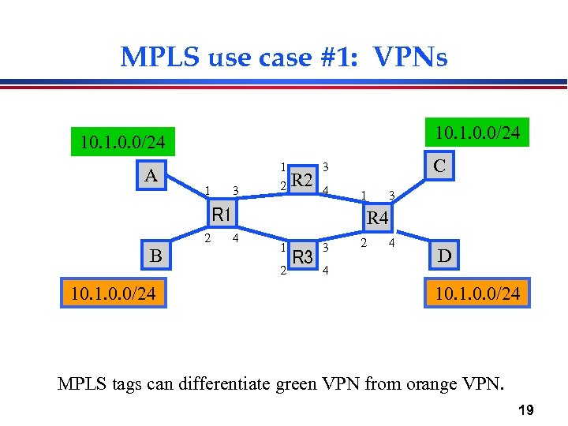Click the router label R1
[221, 214]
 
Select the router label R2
[302, 179]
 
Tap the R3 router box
[302, 257]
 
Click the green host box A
[151, 176]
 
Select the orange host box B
[156, 256]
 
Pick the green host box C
[439, 166]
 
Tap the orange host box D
[444, 256]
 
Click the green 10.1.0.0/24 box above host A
[118, 143]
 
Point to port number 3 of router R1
[234, 189]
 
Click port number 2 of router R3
[282, 271]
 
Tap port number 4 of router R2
[325, 189]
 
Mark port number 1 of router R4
[362, 193]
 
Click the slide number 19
[527, 410]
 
